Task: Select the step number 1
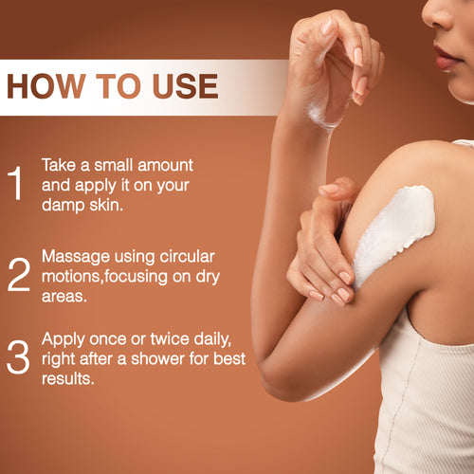point(16,184)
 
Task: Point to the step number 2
point(18,273)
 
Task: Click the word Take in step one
point(58,164)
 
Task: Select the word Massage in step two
point(76,256)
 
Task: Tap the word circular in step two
point(186,256)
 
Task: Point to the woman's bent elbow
point(275,379)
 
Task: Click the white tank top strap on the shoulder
point(462,144)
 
